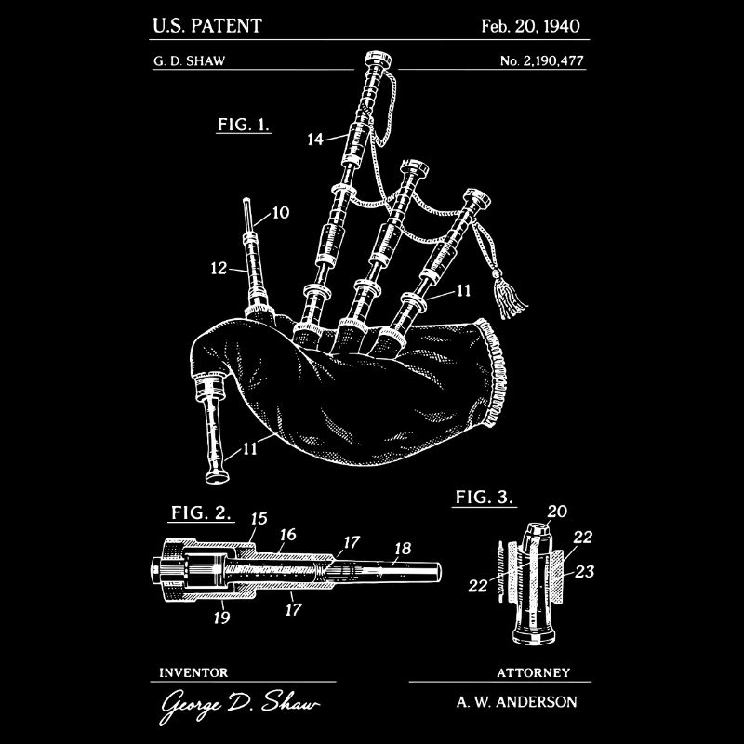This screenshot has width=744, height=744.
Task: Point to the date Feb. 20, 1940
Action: point(530,24)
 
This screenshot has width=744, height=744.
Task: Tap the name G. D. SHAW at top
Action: point(187,63)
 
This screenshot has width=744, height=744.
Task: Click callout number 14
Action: point(315,139)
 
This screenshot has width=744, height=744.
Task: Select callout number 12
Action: point(219,269)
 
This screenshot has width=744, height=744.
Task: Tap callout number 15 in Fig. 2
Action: point(259,519)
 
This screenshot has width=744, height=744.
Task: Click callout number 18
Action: point(401,549)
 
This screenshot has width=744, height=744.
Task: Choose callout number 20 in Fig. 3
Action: point(557,511)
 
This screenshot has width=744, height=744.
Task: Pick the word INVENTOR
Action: point(194,671)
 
